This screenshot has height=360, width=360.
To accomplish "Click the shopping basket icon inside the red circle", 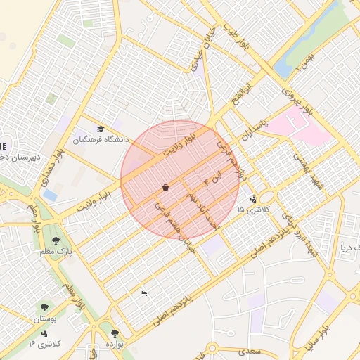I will click(x=165, y=188).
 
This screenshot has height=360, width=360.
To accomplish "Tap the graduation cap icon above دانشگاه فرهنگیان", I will click(x=101, y=129).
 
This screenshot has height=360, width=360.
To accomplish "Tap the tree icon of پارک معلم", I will click(x=56, y=240).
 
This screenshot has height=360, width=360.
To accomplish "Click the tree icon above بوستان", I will click(x=45, y=307).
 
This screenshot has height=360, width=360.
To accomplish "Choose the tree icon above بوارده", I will click(x=115, y=333).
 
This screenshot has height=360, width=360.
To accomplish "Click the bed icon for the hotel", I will click(x=143, y=293).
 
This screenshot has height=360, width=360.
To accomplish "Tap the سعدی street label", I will click(x=250, y=349).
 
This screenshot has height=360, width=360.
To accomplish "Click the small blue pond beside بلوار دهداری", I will click(x=51, y=195).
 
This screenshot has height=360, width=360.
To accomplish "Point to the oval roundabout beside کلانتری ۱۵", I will click(x=266, y=195).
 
